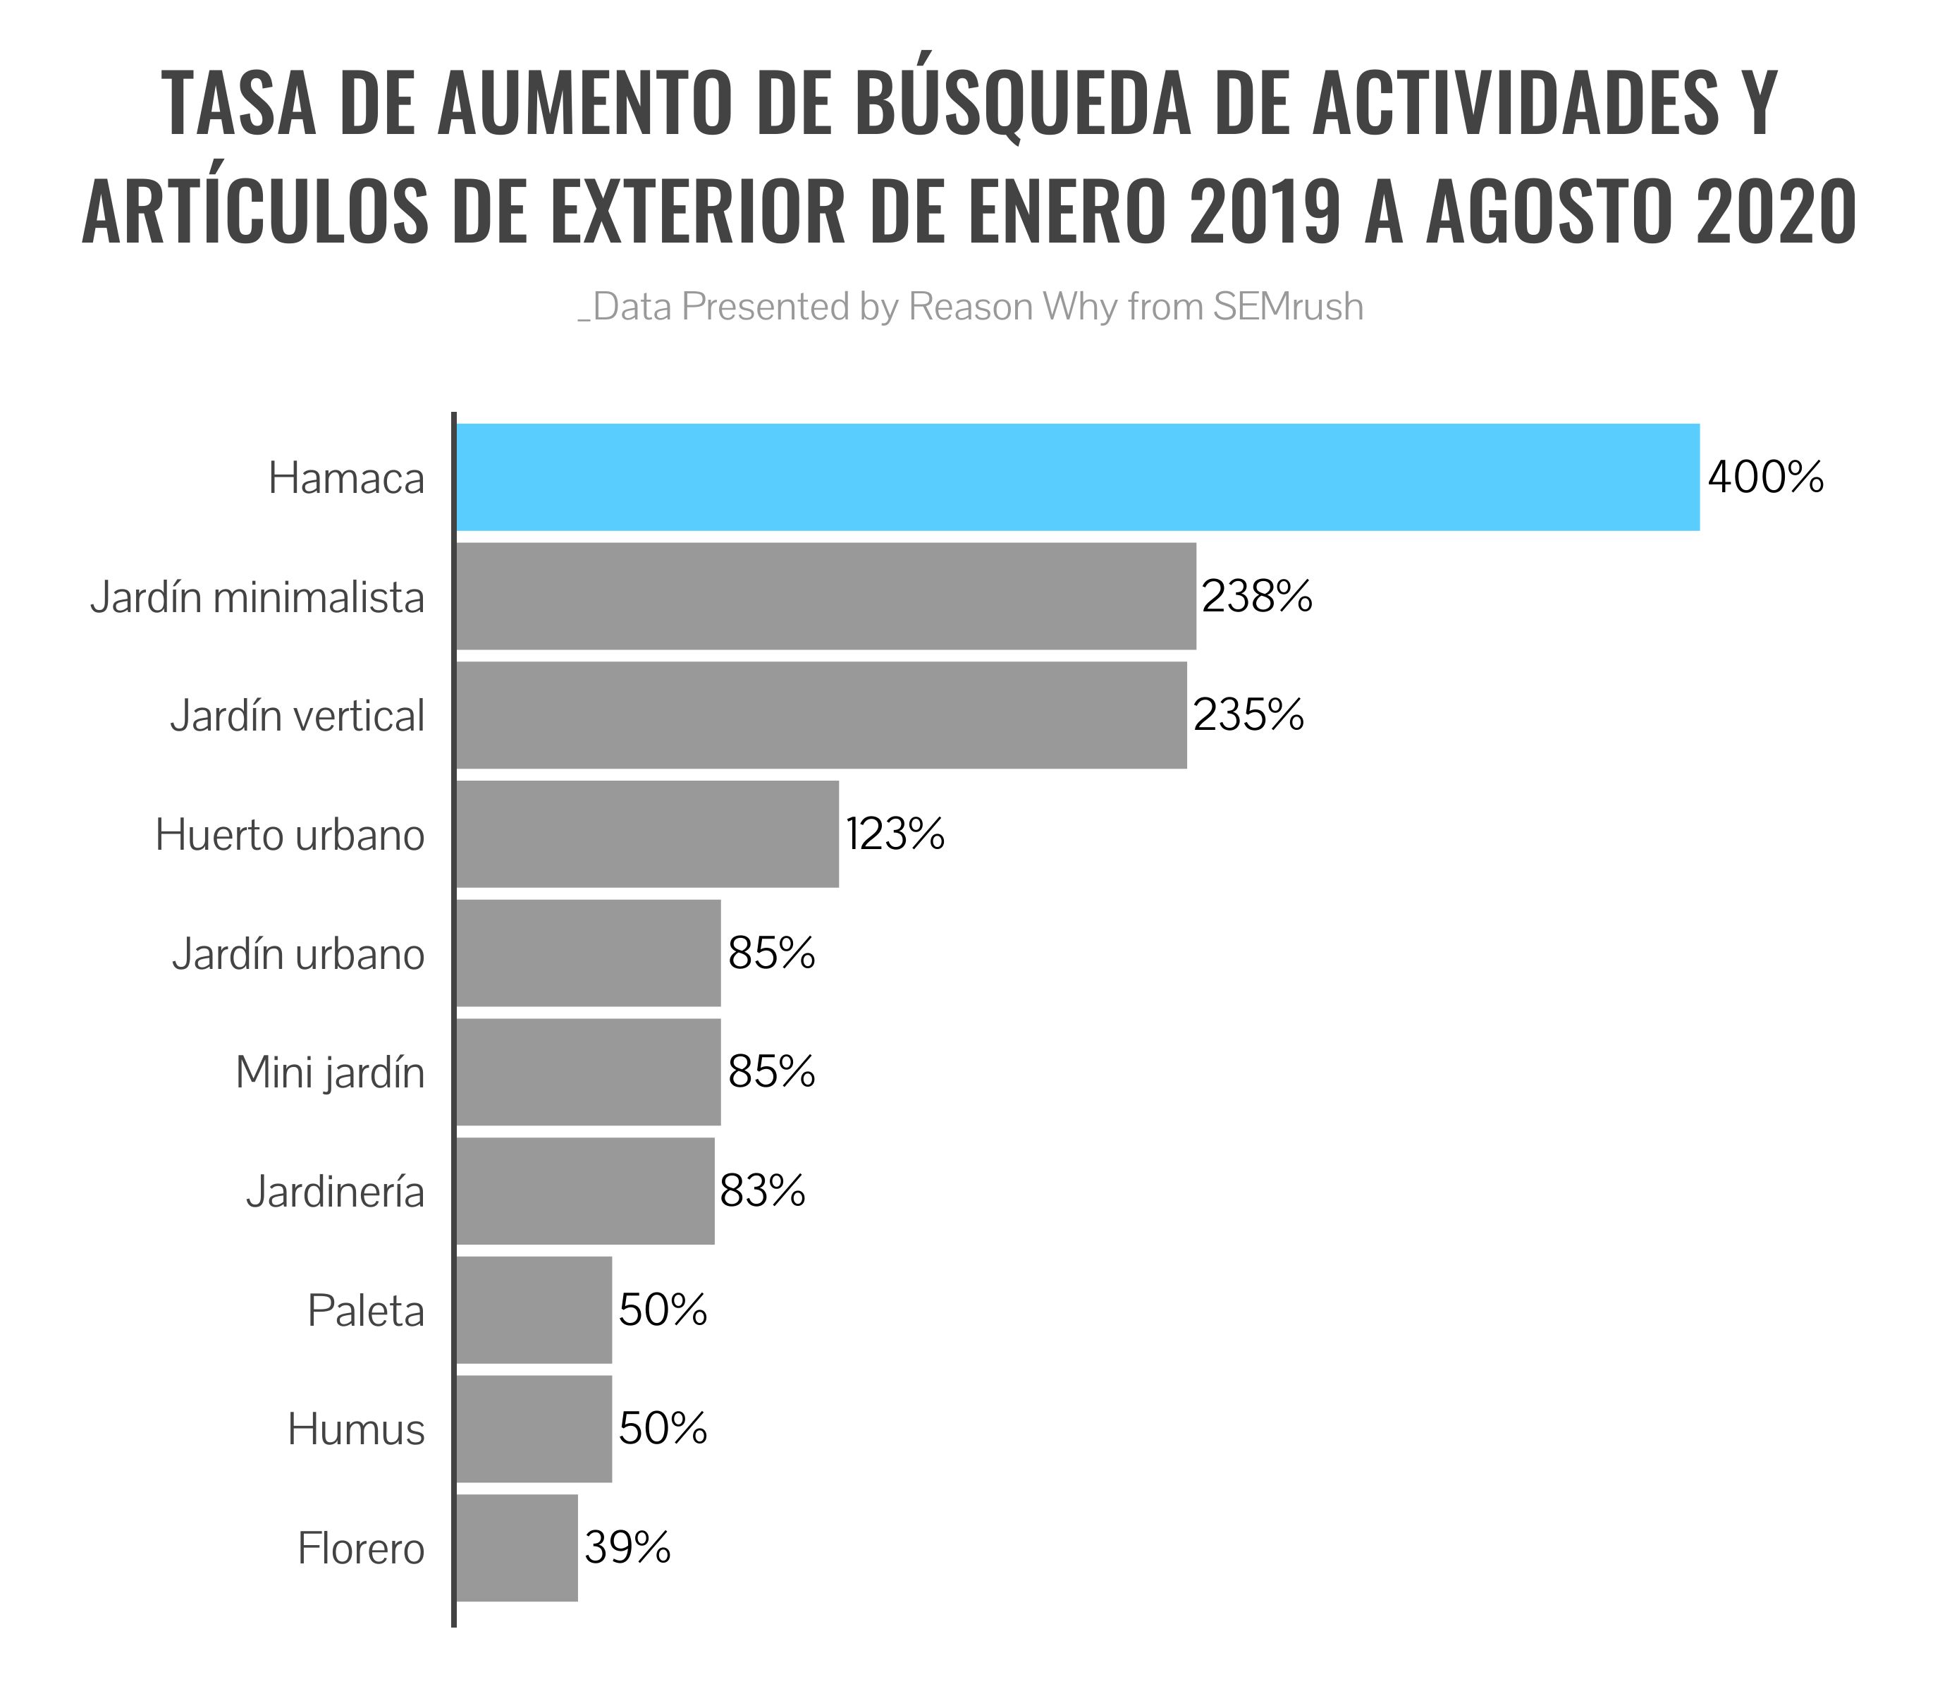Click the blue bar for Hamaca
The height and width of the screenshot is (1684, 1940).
coord(1078,477)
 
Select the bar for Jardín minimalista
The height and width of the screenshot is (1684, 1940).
coord(825,596)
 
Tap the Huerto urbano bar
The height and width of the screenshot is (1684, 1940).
coord(647,834)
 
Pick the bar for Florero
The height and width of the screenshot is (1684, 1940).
coord(517,1548)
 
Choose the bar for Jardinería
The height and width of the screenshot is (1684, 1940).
coord(585,1190)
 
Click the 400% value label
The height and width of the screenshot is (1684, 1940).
coord(1765,477)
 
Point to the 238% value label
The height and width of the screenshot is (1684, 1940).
coord(1257,596)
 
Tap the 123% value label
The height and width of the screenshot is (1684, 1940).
coord(895,834)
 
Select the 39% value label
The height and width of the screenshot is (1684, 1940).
coord(627,1548)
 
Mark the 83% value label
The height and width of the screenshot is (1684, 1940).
coord(763,1190)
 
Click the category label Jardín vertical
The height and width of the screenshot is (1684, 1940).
coord(297,716)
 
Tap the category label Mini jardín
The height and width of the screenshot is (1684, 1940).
coord(330,1072)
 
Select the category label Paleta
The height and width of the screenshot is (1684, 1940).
coord(365,1310)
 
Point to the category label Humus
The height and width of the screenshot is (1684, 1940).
coord(356,1429)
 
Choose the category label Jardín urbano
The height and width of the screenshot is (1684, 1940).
coord(297,954)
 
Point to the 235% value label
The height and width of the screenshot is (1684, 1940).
coord(1248,715)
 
